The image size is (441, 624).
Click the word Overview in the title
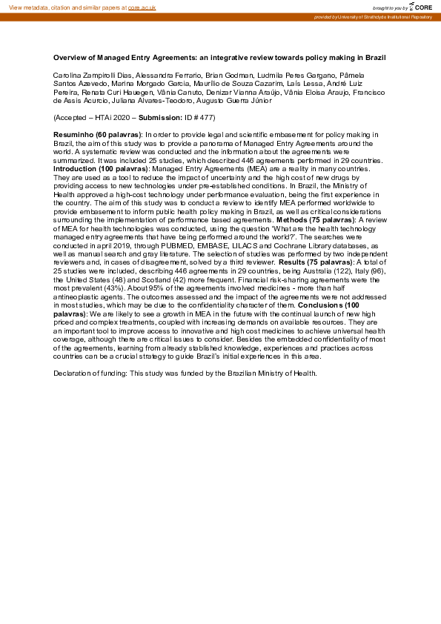click(x=70, y=57)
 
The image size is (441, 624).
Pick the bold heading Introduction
click(x=75, y=169)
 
